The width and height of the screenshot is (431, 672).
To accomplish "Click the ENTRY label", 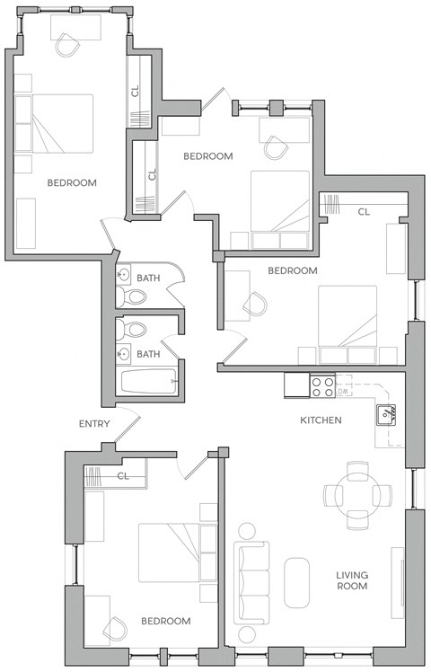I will coord(94,424).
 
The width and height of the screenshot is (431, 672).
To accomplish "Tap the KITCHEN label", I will coord(321,420).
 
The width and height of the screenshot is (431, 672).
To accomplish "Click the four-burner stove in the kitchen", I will coord(322,386).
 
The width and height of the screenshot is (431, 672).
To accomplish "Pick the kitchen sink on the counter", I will coord(385,413).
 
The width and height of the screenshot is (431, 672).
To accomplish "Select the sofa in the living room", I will coord(251,582).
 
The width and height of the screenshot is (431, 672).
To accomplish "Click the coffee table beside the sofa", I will coord(296,582).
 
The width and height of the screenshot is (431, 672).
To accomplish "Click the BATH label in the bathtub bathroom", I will coord(148,354).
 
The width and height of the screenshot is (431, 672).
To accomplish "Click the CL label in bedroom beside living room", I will coord(123,476).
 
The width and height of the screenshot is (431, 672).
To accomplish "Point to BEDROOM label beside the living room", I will coord(166,621).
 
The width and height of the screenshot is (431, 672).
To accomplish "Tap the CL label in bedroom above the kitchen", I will coord(364,212).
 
